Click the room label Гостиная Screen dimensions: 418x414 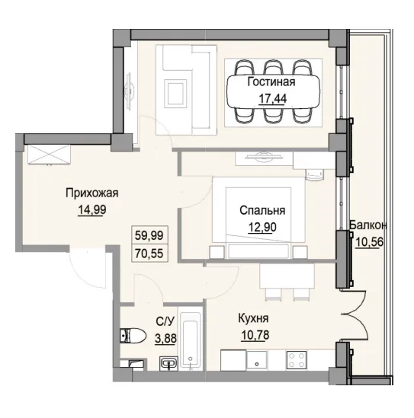tap(271, 82)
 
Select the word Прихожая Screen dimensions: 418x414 tap(91, 193)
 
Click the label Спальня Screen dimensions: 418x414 tap(262, 211)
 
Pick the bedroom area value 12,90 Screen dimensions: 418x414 tap(262, 226)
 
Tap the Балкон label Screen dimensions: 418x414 tap(370, 226)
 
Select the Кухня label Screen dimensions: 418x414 tap(252, 319)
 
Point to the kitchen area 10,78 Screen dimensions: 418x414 tap(252, 333)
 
